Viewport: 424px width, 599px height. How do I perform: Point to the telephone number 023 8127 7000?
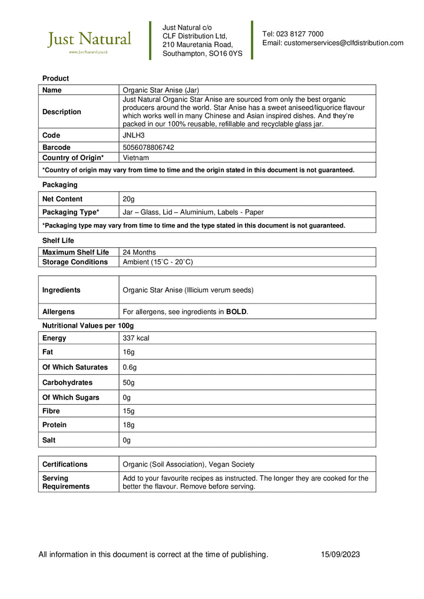coord(300,34)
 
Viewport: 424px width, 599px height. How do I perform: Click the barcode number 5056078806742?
coord(148,147)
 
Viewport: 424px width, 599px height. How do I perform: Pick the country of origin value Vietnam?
coord(135,158)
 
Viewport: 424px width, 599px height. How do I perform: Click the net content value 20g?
coord(128,199)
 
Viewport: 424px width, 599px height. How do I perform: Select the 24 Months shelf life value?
coord(139,252)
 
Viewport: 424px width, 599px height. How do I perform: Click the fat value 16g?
coord(128,352)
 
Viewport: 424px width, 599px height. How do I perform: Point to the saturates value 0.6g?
coord(130,367)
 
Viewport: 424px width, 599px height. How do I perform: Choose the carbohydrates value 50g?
coord(128,382)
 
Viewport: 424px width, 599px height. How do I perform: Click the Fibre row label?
coord(51,411)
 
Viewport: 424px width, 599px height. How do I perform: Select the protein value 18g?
coord(128,425)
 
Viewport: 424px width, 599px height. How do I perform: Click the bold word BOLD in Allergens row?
coord(236,312)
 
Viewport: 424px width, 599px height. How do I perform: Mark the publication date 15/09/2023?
coord(340,554)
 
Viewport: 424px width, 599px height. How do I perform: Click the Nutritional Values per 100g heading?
coord(88,325)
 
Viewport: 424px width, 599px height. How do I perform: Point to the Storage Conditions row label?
coord(75,262)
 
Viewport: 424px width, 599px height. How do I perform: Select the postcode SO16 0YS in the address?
coord(225,54)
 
